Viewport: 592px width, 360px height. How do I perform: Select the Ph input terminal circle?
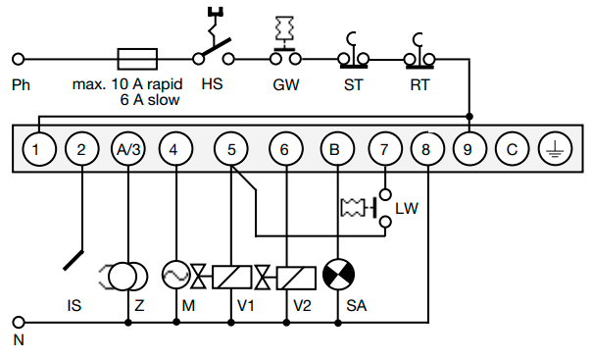click(x=17, y=58)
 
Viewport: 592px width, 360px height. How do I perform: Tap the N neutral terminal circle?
click(x=17, y=321)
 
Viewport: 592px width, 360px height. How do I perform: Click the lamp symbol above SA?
click(x=337, y=276)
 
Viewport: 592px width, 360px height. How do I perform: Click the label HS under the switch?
click(x=211, y=84)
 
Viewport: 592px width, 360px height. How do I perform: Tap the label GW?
click(x=285, y=84)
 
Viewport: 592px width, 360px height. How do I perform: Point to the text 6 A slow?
click(x=152, y=100)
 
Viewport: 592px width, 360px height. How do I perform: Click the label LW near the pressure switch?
click(x=406, y=208)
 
